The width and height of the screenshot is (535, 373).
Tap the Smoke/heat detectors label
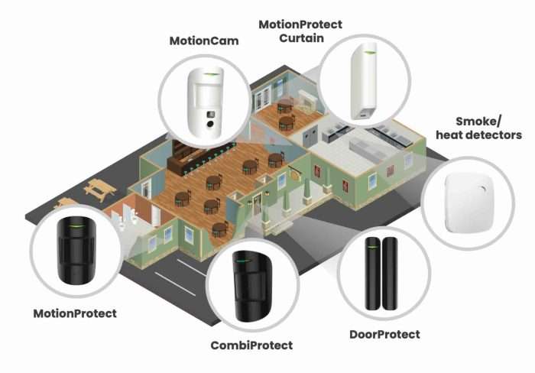(478, 128)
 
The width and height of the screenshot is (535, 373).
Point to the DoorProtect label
(384, 334)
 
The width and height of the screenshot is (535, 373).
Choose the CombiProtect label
(251, 345)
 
